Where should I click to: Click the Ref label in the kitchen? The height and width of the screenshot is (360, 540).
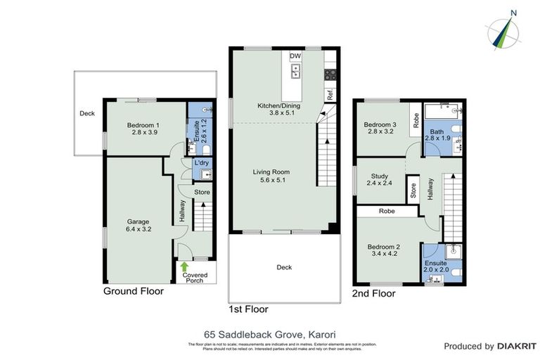pos(328,93)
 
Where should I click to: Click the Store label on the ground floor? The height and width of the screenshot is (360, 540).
pos(202,191)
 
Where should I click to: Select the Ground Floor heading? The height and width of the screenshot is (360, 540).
pos(134,291)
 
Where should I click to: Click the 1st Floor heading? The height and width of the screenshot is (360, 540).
pos(249,309)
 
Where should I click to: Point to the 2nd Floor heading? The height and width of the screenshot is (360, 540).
pos(373,292)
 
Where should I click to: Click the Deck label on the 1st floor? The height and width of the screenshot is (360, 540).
pos(284,267)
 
